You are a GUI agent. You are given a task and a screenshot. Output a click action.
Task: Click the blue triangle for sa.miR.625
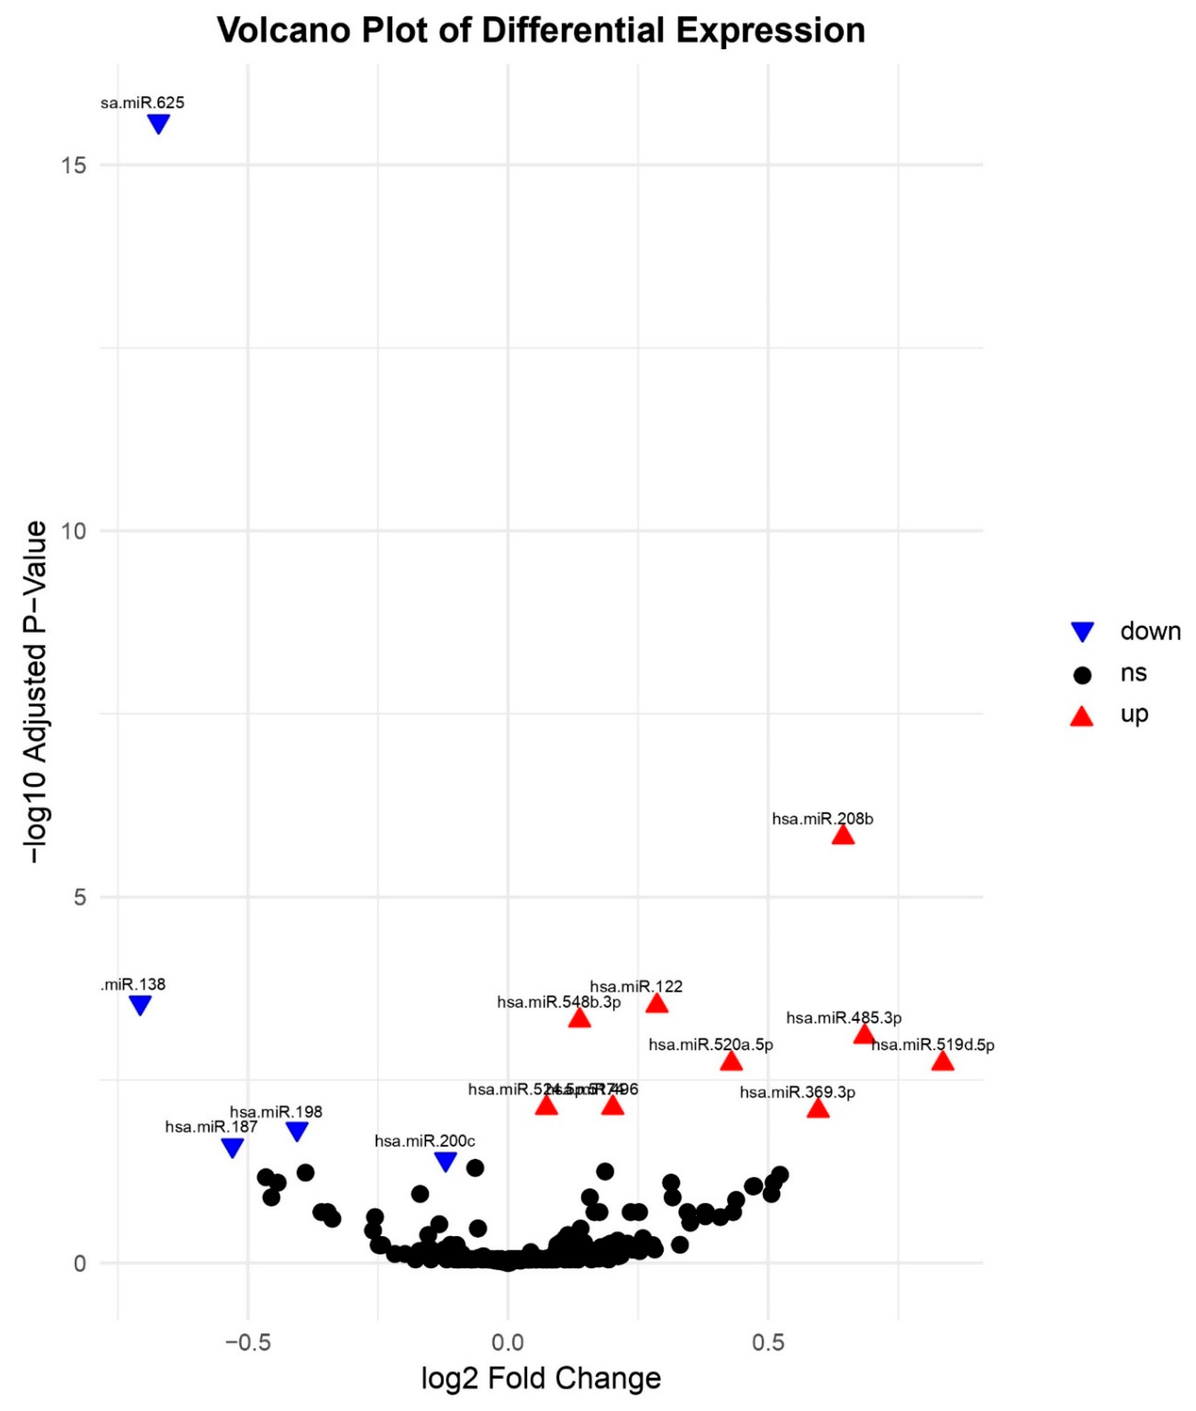pos(159,123)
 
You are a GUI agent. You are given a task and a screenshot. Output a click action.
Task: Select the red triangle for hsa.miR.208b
pos(843,835)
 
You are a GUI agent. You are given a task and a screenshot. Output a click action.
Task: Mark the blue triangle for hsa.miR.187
pos(232,1147)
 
